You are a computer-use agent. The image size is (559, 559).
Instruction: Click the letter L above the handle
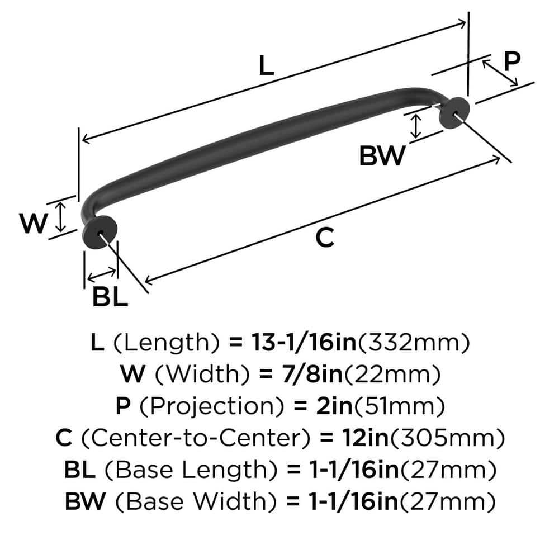(x=267, y=67)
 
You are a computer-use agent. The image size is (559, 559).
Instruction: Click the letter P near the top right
(x=511, y=61)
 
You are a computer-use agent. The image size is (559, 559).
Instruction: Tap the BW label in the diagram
(x=381, y=157)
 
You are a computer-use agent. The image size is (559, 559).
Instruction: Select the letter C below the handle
(x=324, y=238)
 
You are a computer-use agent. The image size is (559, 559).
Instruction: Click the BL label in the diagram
(x=110, y=297)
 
